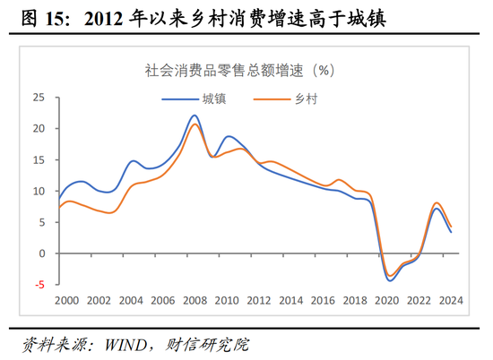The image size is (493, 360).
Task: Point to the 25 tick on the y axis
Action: pos(38,97)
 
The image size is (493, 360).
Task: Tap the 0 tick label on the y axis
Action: pos(40,253)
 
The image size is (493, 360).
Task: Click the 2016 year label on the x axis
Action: pos(324,301)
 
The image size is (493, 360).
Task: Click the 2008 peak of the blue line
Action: pos(195,115)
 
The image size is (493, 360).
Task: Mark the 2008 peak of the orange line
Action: pos(195,124)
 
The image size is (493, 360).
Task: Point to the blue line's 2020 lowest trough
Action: pos(390,280)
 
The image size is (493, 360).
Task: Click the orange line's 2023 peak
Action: pos(437,203)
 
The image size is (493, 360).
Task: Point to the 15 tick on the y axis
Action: pos(38,159)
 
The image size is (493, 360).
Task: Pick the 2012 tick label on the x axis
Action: pos(259,301)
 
